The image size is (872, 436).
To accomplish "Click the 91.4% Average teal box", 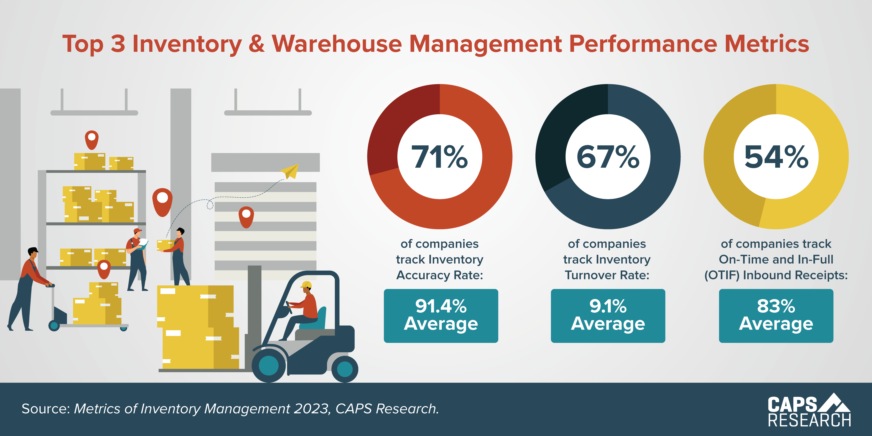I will tap(441, 315).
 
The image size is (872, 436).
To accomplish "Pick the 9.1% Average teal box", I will tap(608, 315).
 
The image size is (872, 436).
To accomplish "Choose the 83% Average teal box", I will tap(776, 315).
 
